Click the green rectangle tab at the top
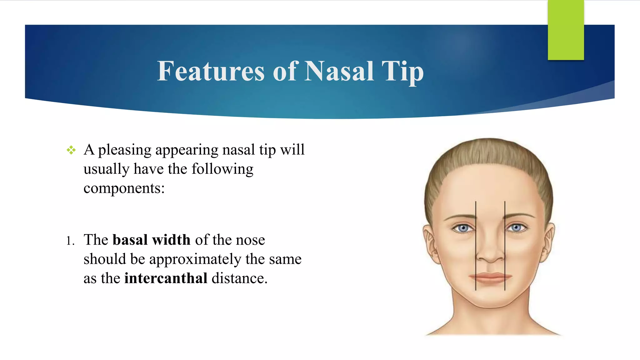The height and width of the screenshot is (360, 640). [566, 30]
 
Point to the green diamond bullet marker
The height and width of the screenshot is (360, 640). [71, 150]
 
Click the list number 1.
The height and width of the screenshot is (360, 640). [70, 241]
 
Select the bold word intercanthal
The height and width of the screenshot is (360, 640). [166, 278]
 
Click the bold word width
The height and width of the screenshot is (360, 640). [171, 240]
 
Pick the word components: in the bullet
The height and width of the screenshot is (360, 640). [124, 188]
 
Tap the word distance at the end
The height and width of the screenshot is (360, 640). [239, 278]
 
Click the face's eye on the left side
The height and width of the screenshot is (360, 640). [463, 228]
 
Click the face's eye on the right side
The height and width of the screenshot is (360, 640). [516, 228]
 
